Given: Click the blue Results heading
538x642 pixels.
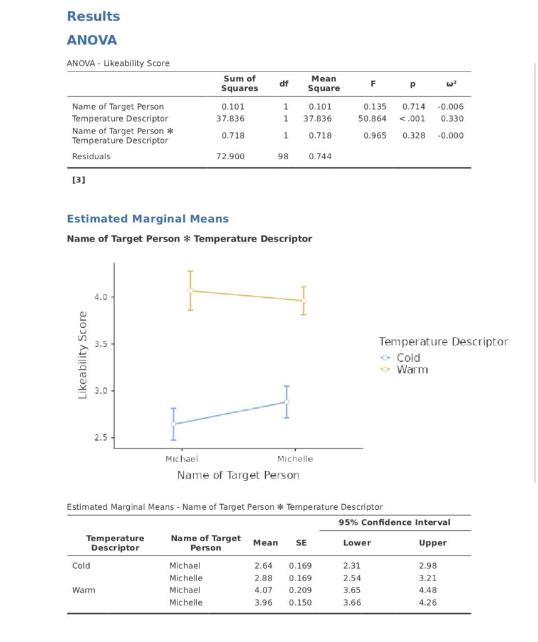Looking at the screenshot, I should (93, 17).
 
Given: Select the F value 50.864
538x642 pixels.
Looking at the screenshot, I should (372, 118).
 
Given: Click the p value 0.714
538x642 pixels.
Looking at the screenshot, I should (414, 107).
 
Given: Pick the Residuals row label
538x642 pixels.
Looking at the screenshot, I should (91, 157).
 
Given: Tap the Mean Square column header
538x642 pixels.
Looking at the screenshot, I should (324, 83).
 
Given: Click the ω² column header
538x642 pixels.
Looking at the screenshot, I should (451, 83).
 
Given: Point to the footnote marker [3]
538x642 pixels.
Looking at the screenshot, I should (78, 180).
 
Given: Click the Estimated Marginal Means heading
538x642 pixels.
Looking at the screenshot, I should (147, 219).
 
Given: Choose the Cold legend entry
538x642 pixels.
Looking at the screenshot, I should (408, 358).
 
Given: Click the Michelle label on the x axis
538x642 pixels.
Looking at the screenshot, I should (295, 459).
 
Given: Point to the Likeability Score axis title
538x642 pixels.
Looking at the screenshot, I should (83, 355).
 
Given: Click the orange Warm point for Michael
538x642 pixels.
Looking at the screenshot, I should (191, 291).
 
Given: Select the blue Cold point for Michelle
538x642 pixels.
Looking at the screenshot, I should (287, 402).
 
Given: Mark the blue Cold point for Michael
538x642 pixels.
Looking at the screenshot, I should (174, 424).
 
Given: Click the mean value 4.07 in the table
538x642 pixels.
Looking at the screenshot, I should (263, 591).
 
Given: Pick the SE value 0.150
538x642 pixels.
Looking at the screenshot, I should (300, 603).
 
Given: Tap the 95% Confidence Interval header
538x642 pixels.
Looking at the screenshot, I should (394, 523).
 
